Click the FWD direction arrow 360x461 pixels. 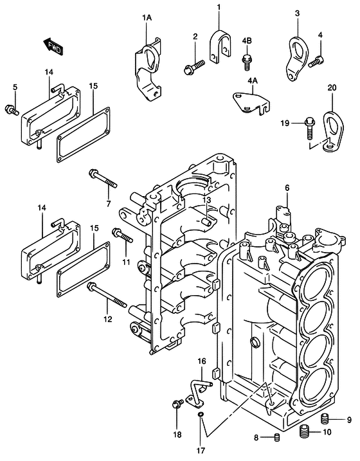[52, 44]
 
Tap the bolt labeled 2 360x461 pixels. [194, 64]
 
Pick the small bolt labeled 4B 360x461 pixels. [246, 62]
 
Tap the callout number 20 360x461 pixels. [332, 87]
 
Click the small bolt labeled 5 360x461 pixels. [11, 109]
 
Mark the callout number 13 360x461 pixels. [207, 201]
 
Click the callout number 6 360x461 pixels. [287, 188]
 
